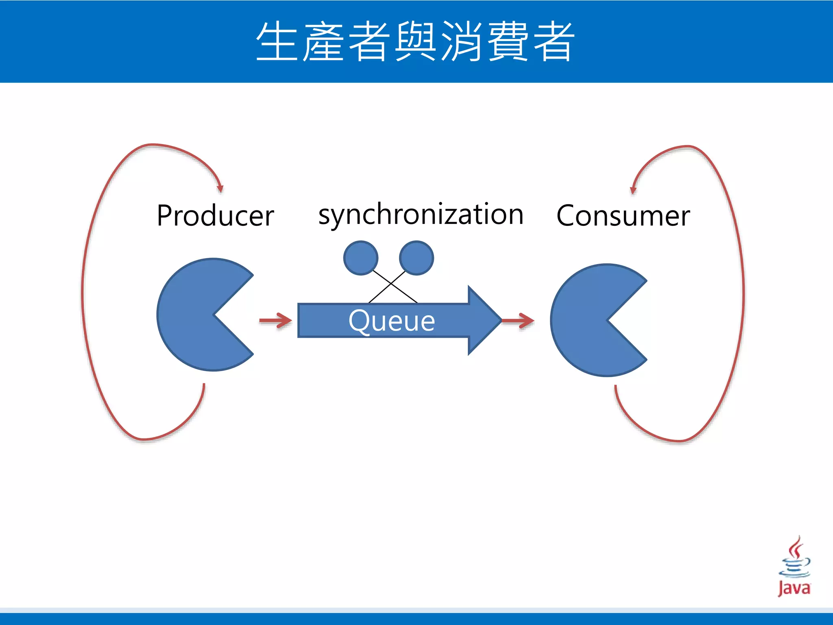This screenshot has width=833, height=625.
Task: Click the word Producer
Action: [x=215, y=216]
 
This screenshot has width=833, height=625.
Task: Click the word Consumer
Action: [x=623, y=216]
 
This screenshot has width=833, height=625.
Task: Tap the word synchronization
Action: [x=421, y=214]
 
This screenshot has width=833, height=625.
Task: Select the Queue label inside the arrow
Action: [x=392, y=321]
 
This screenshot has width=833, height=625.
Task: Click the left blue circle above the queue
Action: [x=361, y=258]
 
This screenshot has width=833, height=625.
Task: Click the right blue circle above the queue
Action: [x=416, y=258]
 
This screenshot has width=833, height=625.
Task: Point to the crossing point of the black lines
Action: [x=391, y=283]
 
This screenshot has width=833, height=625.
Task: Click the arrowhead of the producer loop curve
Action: [x=220, y=188]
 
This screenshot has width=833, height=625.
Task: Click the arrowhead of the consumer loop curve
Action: [x=633, y=190]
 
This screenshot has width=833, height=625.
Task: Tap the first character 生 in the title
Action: [x=277, y=42]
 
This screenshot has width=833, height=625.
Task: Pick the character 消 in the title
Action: [x=462, y=42]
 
